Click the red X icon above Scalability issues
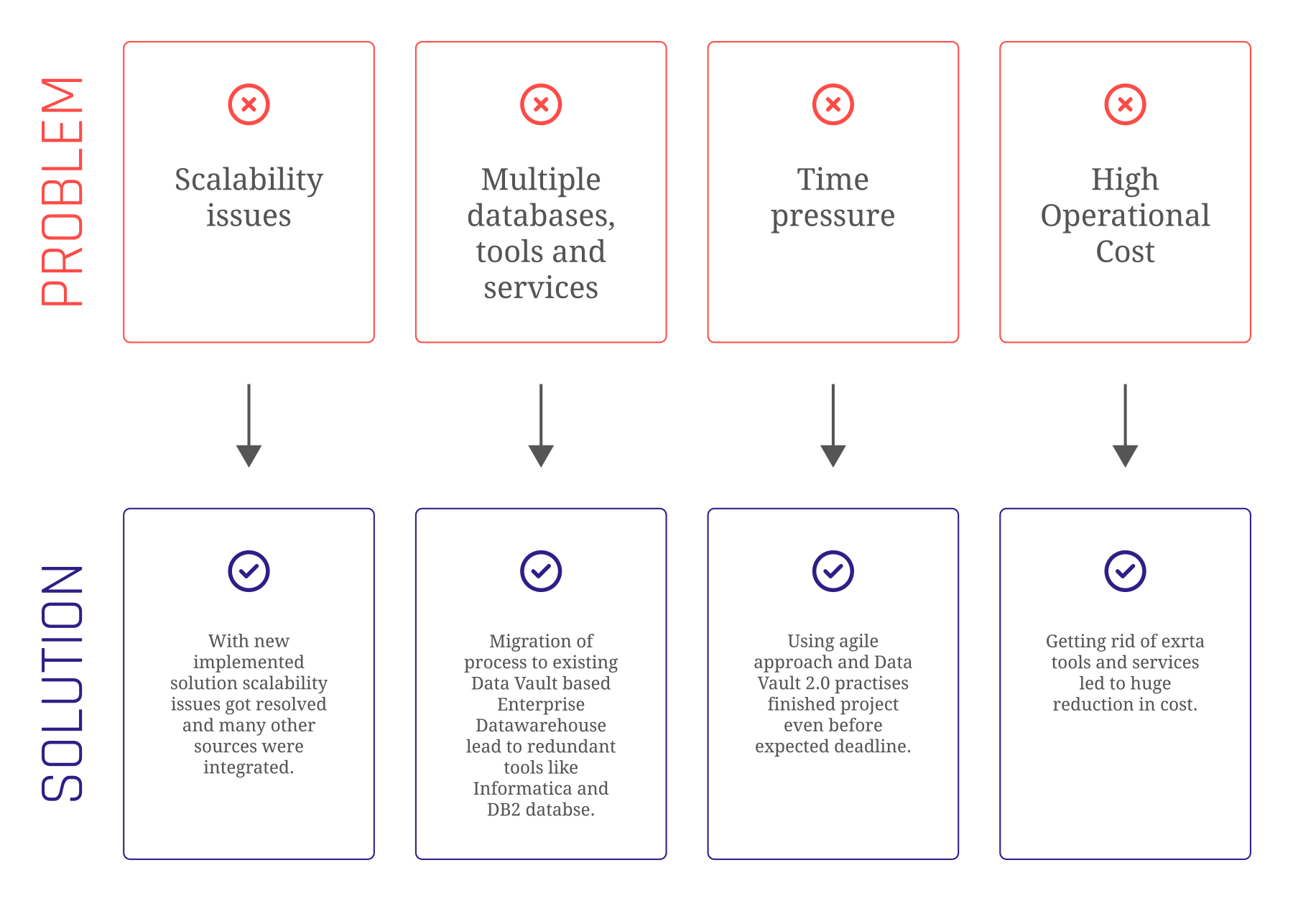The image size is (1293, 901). (x=249, y=105)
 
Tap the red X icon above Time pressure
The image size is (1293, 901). (x=833, y=105)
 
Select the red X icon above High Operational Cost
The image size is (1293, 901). (x=1125, y=105)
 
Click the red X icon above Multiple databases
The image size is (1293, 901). (x=541, y=105)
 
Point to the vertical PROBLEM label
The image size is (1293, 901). (x=63, y=192)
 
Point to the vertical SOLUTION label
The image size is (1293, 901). (x=63, y=683)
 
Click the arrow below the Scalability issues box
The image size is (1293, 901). (x=249, y=426)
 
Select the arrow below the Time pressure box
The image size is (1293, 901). (x=833, y=426)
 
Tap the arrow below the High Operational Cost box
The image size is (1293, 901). (x=1125, y=426)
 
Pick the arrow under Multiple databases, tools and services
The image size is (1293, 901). (x=541, y=426)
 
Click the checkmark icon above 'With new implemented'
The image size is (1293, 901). (x=249, y=571)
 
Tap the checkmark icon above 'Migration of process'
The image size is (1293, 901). (x=541, y=571)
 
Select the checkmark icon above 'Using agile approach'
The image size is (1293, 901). (x=833, y=571)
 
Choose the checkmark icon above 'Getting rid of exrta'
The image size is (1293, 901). (x=1125, y=571)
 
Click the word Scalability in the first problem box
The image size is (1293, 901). (x=249, y=180)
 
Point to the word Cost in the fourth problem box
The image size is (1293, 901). (x=1125, y=251)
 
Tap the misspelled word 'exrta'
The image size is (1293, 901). (x=1182, y=641)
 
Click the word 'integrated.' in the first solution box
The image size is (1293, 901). (x=249, y=767)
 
